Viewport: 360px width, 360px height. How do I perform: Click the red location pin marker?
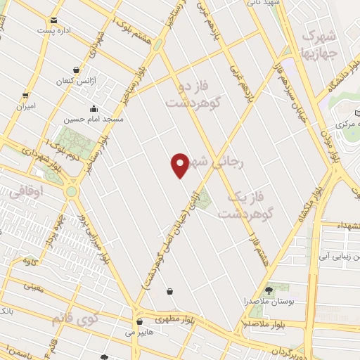pos(180,165)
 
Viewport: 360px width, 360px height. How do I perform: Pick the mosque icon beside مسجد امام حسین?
pos(94,109)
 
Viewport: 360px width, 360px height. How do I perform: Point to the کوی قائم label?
pos(73,320)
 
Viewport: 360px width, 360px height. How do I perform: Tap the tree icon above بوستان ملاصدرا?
pos(269,290)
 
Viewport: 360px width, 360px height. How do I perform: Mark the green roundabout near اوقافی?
pos(72,191)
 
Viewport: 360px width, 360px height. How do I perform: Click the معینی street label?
pos(34,286)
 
